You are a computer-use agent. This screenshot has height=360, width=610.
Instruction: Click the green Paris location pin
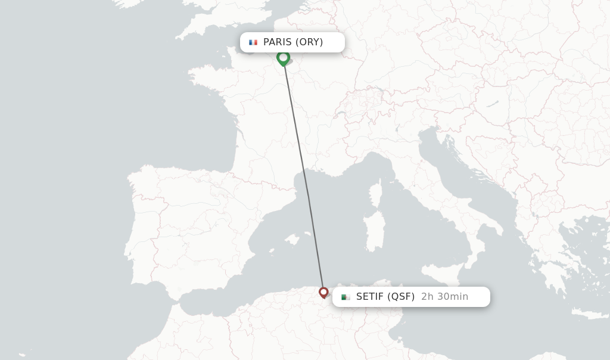click(283, 58)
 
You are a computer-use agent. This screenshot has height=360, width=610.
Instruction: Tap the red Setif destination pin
click(323, 292)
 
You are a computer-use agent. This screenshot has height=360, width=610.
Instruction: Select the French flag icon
click(253, 42)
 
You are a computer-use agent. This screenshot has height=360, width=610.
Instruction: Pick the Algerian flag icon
click(346, 297)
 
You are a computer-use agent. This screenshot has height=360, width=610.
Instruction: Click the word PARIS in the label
click(278, 42)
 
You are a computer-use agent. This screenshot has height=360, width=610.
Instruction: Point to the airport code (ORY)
click(309, 42)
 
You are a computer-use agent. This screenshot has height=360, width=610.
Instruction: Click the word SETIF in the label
click(370, 297)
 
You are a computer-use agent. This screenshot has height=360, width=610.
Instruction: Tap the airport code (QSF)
click(401, 297)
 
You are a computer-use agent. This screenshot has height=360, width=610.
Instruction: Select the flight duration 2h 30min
click(444, 297)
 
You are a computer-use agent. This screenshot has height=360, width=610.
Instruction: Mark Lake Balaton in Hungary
click(491, 104)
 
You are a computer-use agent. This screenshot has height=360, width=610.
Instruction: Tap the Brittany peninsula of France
click(206, 77)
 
